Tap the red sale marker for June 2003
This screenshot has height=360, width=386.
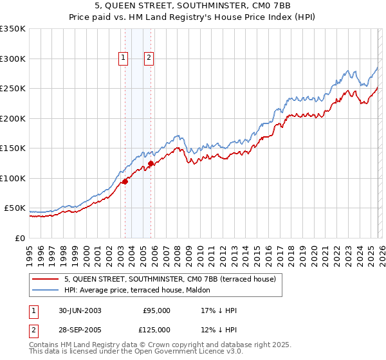[125, 181]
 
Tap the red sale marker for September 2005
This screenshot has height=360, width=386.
[151, 163]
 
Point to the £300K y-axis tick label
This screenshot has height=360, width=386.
[13, 59]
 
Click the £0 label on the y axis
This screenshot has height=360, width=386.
[20, 239]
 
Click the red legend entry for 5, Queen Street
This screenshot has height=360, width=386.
[170, 279]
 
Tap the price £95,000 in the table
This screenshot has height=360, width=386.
[156, 310]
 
